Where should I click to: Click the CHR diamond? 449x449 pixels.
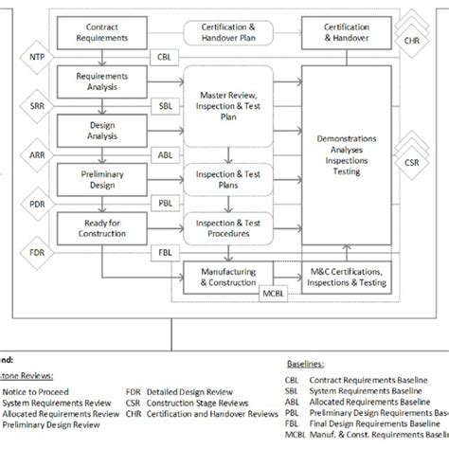[x=410, y=41]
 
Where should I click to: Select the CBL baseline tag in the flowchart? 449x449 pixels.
[x=166, y=57]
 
